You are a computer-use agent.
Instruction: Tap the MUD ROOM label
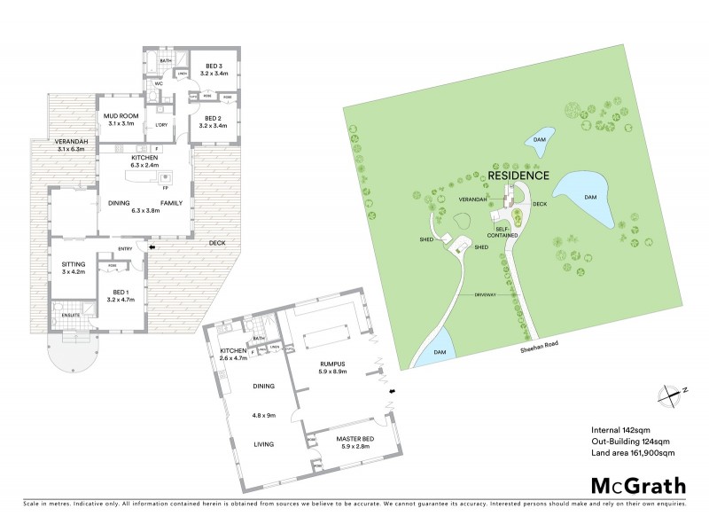pos(119,120)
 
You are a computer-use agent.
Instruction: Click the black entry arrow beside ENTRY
pos(150,249)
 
